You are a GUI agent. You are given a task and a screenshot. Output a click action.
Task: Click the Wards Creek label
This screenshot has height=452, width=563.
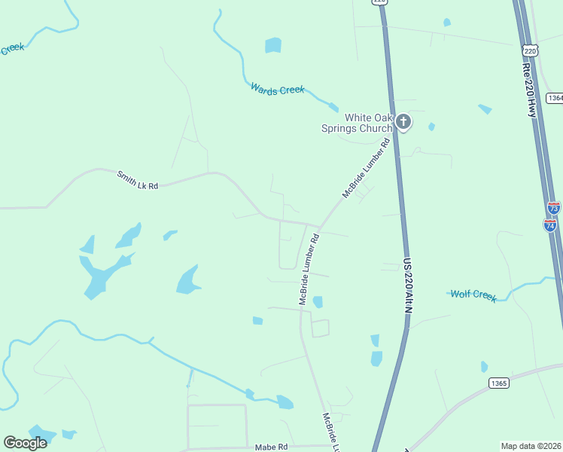click(x=277, y=90)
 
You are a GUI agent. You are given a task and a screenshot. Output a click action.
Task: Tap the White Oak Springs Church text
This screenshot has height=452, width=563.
click(x=368, y=123)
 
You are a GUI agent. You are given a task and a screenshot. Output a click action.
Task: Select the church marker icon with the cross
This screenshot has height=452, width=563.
click(x=403, y=121)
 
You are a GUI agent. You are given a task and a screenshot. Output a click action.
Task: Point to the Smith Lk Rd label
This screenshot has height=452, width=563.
click(x=138, y=180)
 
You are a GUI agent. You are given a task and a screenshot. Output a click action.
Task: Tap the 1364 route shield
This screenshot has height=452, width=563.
click(x=555, y=99)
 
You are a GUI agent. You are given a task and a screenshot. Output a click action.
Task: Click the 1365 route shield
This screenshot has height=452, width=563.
click(x=498, y=383)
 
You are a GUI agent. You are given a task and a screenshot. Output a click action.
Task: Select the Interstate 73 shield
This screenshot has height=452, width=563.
click(x=554, y=208)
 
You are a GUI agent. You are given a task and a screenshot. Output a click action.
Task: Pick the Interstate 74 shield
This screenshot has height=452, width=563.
click(x=550, y=224)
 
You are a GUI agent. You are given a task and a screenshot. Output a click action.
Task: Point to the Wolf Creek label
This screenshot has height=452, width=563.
click(x=473, y=294)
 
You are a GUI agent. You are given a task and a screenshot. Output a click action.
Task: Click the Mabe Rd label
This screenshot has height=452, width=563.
click(x=272, y=447)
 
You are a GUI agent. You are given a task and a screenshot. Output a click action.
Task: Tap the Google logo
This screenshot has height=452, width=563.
click(x=26, y=443)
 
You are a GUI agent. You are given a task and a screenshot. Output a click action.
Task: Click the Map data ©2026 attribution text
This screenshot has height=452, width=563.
click(x=531, y=446)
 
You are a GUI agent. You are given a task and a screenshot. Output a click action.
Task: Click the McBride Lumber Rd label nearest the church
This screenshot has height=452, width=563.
click(x=367, y=168)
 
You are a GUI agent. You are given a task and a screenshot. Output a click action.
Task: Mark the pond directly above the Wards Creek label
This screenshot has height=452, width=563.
click(x=272, y=45)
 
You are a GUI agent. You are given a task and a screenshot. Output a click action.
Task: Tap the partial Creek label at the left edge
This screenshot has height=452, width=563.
click(x=12, y=49)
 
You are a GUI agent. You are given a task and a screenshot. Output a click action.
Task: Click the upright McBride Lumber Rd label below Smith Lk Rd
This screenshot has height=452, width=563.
click(x=309, y=269)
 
